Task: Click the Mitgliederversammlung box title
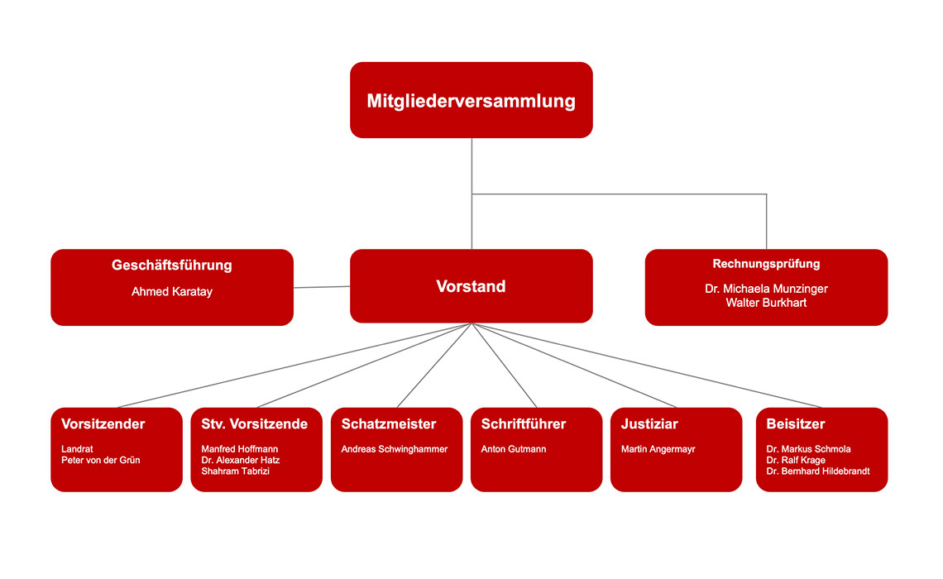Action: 471,101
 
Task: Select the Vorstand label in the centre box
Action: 471,286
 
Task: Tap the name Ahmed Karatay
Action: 172,292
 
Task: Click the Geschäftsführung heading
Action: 172,266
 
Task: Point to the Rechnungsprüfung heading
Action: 766,264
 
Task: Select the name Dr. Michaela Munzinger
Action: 766,289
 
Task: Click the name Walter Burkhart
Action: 766,302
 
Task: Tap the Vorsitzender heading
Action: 103,424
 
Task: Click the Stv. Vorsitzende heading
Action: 255,424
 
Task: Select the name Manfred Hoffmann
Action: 240,449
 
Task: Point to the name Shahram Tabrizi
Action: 236,471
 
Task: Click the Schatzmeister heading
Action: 389,424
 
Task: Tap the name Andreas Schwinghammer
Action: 395,449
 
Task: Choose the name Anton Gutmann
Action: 514,449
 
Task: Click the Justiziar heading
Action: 649,424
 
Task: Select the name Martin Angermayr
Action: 658,449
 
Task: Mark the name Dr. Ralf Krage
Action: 796,461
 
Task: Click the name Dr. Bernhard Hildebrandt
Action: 818,471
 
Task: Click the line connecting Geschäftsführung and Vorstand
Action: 322,287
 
